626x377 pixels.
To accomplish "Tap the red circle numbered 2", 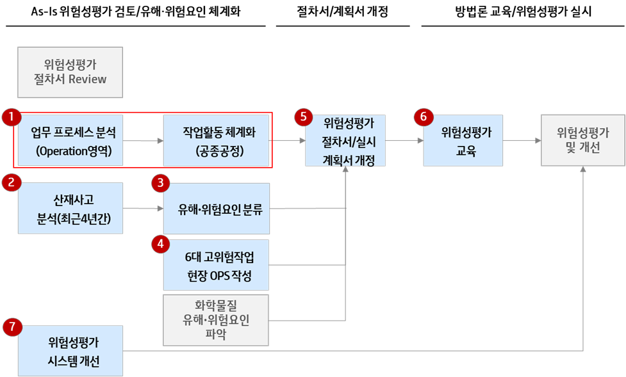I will (x=11, y=182).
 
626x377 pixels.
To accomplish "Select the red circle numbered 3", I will (x=161, y=183).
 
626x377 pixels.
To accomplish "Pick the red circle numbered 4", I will (x=161, y=243).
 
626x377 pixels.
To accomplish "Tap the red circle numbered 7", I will (x=11, y=327).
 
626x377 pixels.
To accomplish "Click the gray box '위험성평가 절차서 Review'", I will (x=70, y=72).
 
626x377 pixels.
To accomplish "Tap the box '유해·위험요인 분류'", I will (x=216, y=208).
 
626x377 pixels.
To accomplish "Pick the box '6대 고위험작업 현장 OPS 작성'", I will (x=216, y=265).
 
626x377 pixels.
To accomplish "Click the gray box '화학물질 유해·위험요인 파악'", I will (x=216, y=320).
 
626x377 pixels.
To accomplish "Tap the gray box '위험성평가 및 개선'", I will (x=582, y=141).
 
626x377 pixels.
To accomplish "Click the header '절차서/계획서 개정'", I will (x=342, y=12).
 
